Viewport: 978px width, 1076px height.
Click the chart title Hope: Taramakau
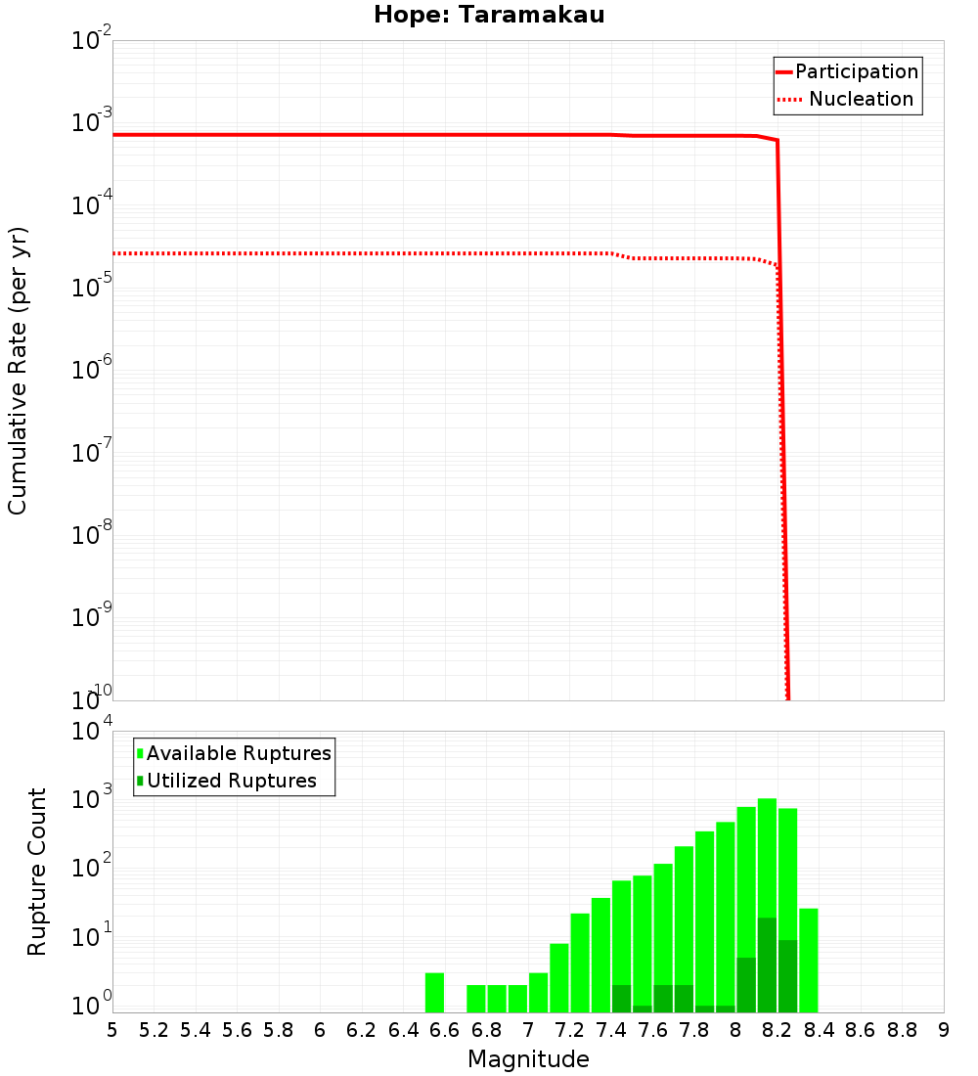495,15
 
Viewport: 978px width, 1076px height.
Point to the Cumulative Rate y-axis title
18,370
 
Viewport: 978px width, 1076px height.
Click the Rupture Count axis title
37,872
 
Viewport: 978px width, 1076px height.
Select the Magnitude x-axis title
528,1058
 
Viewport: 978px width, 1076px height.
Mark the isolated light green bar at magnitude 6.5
434,992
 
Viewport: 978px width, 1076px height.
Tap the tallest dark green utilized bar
767,964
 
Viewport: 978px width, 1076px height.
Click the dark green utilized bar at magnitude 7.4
621,999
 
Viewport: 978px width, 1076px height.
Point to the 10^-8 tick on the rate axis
91,534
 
